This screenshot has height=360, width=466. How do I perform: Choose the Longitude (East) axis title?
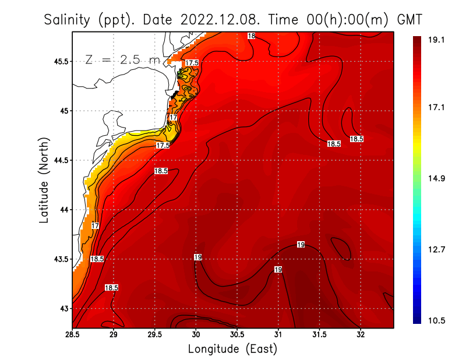coord(232,349)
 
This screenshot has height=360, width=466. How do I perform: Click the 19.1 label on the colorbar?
coord(437,40)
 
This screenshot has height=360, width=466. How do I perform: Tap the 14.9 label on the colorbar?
coord(437,178)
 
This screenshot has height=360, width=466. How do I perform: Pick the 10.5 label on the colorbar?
coord(437,320)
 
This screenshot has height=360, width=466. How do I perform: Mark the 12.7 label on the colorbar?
coord(437,249)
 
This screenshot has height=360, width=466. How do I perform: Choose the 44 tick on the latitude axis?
coord(63,209)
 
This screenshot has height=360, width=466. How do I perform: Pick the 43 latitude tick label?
coord(63,308)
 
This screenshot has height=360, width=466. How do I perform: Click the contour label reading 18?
coord(251,36)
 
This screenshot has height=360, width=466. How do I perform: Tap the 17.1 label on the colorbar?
coord(437,108)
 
